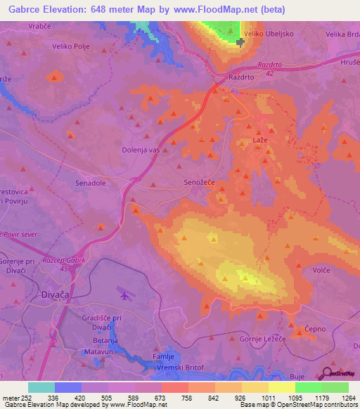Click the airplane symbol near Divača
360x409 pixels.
click(x=125, y=295)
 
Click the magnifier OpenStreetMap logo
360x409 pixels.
click(x=328, y=374)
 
